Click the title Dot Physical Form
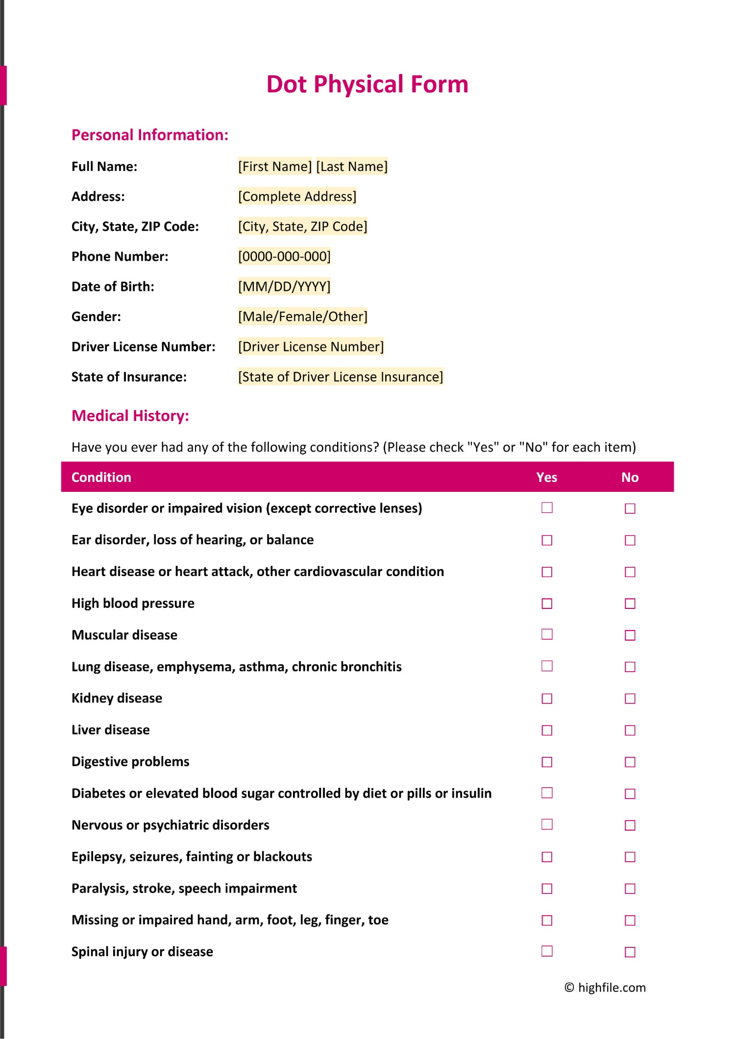point(367,84)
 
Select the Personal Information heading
point(150,135)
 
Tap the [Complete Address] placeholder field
point(297,196)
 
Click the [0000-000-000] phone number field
point(284,257)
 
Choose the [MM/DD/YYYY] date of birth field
point(284,287)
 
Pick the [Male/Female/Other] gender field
point(302,317)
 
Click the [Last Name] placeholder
point(352,167)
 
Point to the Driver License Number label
point(143,347)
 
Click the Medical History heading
point(130,416)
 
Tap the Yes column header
point(546,477)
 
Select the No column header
point(630,477)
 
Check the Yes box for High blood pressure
point(547,604)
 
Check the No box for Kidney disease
point(630,699)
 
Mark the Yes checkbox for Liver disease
point(547,730)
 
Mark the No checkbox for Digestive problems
point(630,762)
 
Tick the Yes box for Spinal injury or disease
point(547,951)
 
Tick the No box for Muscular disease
point(630,635)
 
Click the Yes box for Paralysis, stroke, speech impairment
point(547,889)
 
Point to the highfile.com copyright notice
point(605,988)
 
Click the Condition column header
point(101,477)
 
